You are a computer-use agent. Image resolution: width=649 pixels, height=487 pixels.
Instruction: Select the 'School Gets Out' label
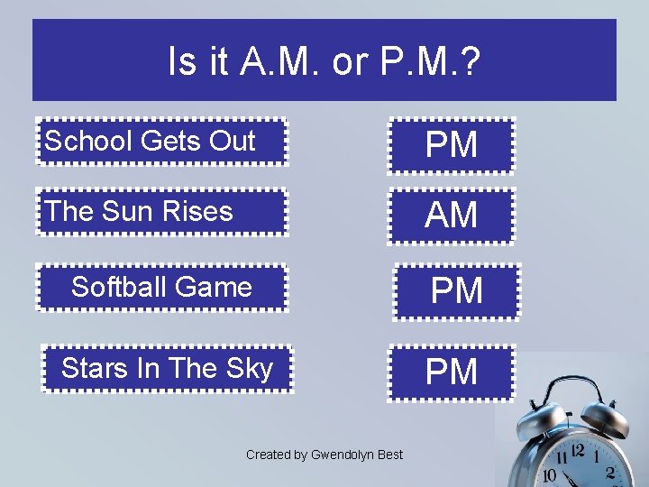[x=151, y=141]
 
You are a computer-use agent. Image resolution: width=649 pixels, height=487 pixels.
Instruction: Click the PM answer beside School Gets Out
[x=451, y=145]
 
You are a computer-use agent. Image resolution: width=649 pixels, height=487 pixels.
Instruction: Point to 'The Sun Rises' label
[x=140, y=212]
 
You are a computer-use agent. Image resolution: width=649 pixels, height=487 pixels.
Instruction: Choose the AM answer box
[x=451, y=216]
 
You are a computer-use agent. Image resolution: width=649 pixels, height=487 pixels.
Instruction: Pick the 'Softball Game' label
[x=161, y=287]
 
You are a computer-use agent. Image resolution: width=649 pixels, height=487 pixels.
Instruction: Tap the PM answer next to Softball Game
[x=456, y=291]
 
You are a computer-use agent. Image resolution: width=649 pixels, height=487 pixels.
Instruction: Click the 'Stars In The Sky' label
[x=167, y=369]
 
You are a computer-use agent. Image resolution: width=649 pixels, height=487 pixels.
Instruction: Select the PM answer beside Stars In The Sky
[x=451, y=372]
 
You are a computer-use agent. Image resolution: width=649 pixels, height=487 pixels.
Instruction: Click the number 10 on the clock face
[x=549, y=475]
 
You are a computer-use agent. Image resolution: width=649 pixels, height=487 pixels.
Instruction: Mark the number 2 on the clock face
[x=610, y=473]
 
